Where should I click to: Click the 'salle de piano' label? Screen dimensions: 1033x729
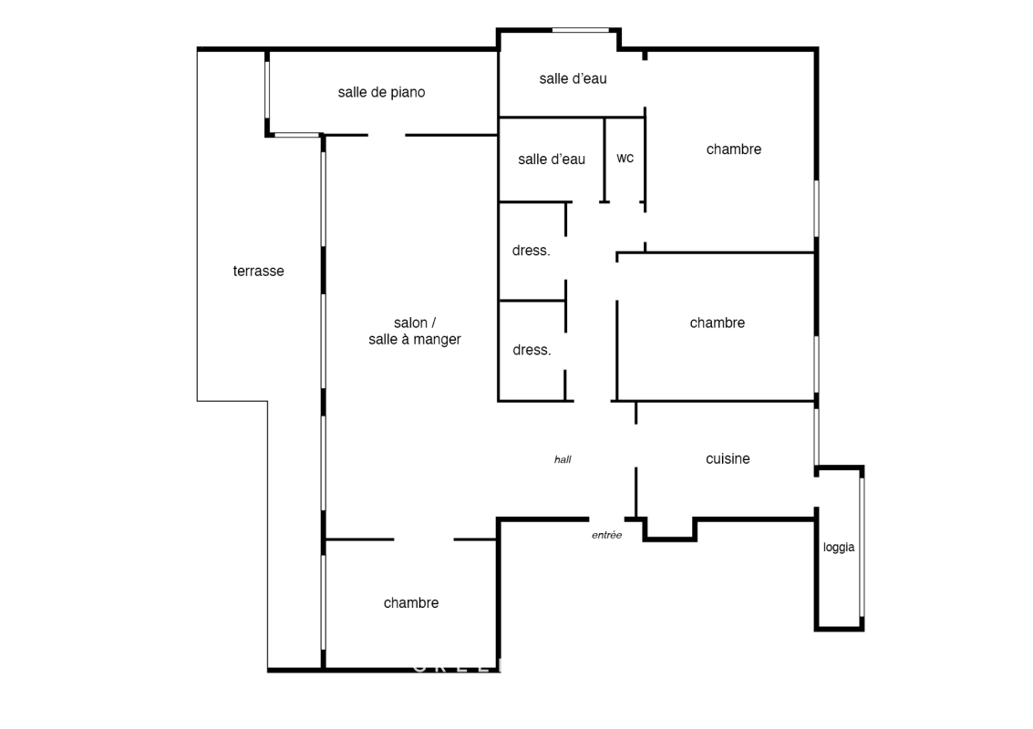(381, 92)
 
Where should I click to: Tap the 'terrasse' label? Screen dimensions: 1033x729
(258, 271)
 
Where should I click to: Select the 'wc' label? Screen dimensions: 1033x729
(625, 158)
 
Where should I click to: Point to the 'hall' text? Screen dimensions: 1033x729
(563, 459)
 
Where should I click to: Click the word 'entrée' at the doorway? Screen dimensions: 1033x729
(606, 535)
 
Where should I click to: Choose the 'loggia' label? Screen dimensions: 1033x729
(839, 548)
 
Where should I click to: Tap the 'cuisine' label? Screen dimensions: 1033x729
(728, 458)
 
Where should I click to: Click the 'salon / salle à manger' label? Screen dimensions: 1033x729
(415, 331)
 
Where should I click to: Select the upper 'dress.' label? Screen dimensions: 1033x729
(531, 251)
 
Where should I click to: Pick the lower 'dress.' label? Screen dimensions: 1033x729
(532, 350)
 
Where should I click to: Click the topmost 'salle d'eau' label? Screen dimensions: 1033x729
(573, 78)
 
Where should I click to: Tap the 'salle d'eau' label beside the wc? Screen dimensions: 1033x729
(552, 159)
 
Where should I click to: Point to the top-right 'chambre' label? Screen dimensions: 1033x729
(733, 149)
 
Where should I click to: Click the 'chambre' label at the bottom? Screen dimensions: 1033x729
(411, 602)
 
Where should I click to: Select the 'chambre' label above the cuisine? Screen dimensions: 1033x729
(717, 323)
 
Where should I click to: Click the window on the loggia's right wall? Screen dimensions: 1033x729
(862, 548)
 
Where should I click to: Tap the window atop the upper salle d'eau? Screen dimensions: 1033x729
(581, 30)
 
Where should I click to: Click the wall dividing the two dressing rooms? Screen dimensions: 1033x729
(532, 301)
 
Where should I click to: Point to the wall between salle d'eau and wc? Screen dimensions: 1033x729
(604, 159)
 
